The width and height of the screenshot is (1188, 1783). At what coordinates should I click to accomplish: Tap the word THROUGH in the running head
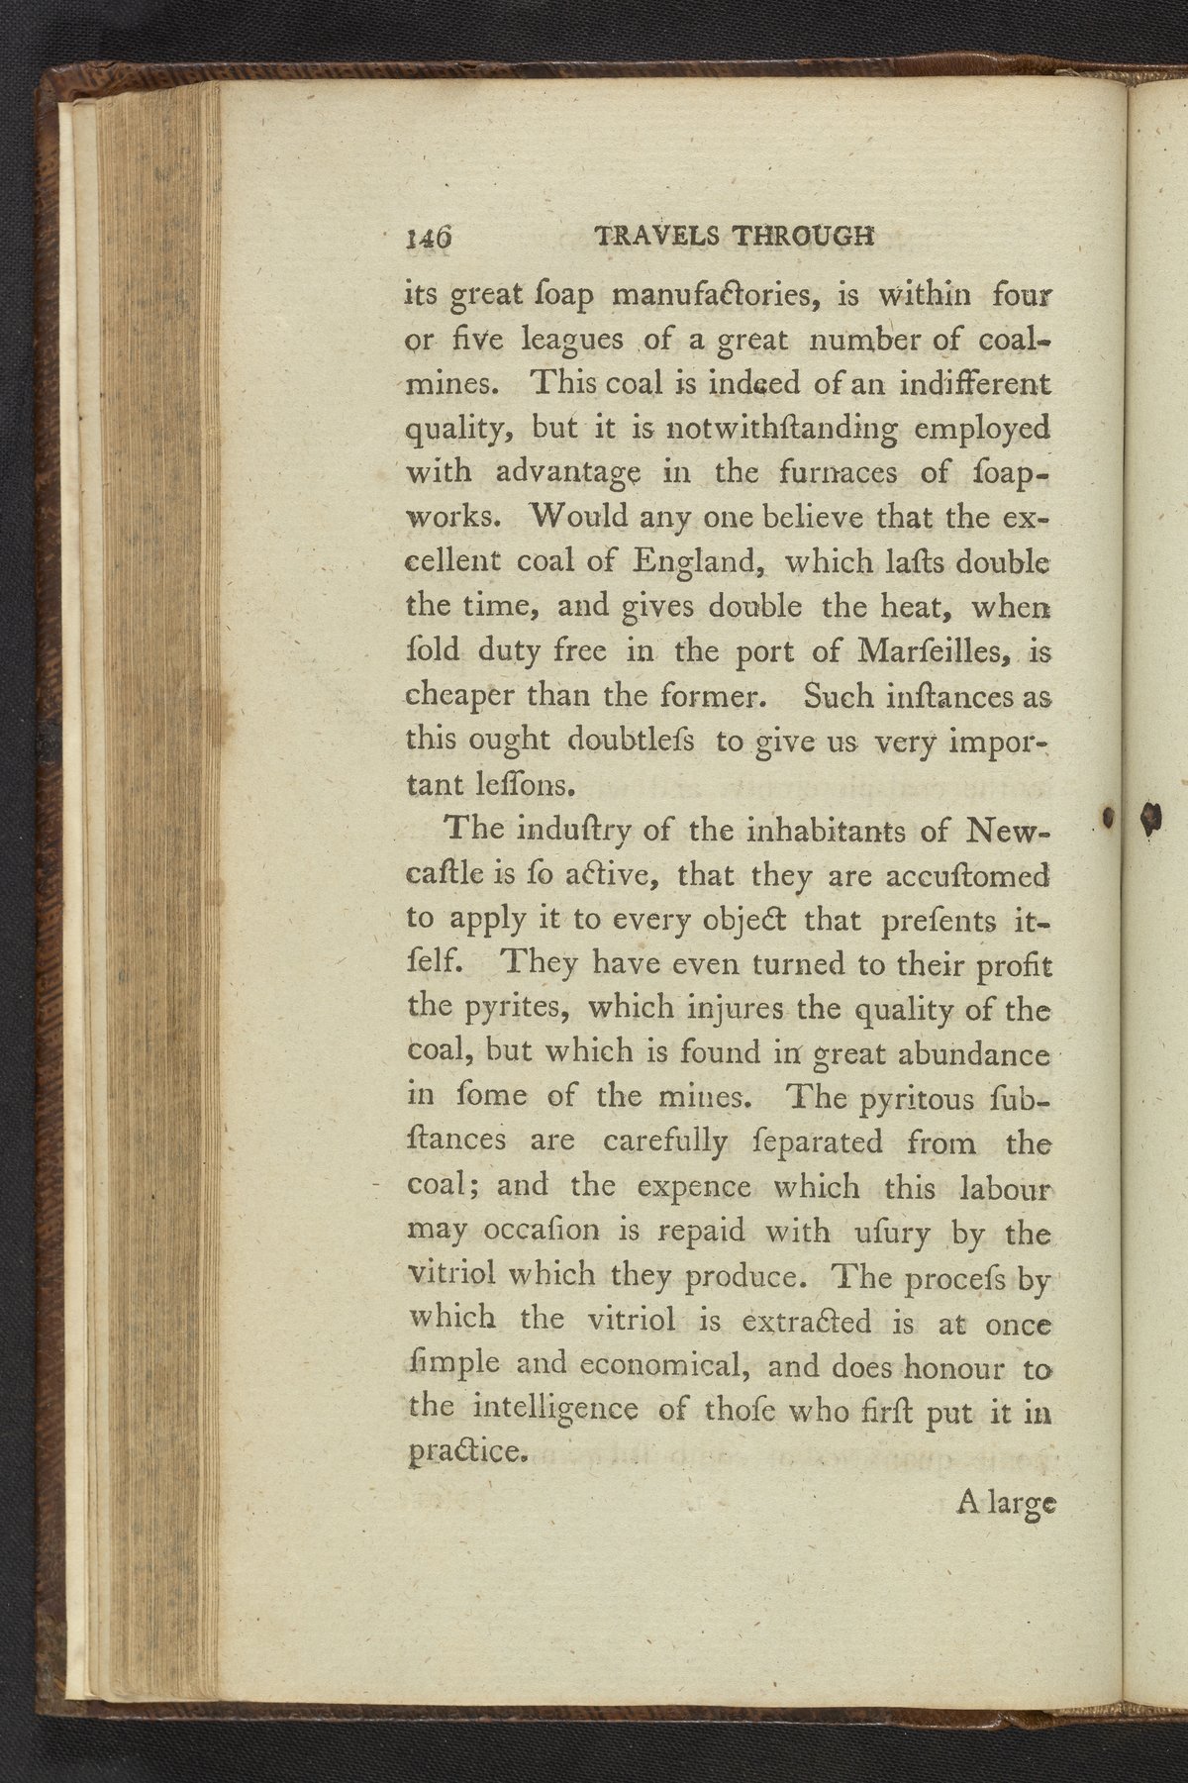pyautogui.click(x=803, y=237)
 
